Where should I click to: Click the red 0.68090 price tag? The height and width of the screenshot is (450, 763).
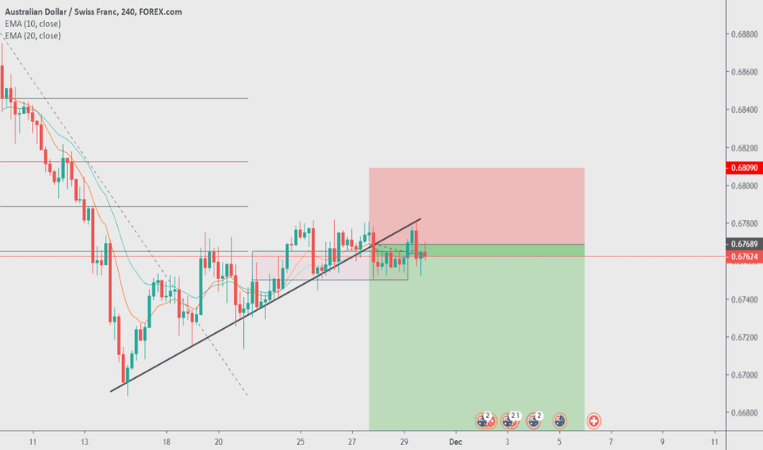point(743,168)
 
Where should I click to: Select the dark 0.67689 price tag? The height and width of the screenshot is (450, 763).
point(743,244)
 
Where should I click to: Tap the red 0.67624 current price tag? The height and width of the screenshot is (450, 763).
point(743,256)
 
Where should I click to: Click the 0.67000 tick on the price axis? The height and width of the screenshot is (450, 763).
point(744,376)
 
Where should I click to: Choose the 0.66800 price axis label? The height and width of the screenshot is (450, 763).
point(744,413)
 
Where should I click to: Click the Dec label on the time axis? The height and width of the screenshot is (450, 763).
point(456,441)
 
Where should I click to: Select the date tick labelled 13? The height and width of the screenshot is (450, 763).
point(86,441)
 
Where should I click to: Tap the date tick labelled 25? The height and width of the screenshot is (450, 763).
point(300,441)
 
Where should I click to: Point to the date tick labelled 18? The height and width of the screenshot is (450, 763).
point(166,441)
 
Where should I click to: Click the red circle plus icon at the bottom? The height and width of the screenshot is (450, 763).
point(594,421)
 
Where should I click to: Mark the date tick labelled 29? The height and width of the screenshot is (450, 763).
point(404,441)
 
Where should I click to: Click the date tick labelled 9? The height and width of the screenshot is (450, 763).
point(663,441)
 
